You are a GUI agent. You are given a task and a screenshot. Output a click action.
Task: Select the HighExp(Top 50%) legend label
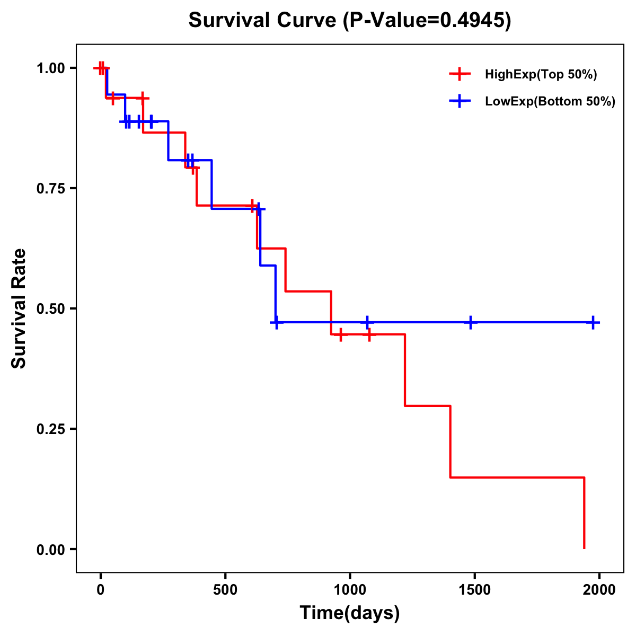[x=541, y=75]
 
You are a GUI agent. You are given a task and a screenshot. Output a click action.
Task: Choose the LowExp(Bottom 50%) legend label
[x=550, y=102]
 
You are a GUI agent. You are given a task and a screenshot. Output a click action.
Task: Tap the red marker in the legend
[x=460, y=74]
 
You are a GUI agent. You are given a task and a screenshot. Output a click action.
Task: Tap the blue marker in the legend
[x=460, y=101]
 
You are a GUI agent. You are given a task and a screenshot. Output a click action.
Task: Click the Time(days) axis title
[x=350, y=613]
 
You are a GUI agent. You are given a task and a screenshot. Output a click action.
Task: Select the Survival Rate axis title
[x=19, y=308]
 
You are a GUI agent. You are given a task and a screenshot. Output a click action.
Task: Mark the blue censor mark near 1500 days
[x=470, y=322]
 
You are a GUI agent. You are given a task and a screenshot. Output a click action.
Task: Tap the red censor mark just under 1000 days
[x=340, y=334]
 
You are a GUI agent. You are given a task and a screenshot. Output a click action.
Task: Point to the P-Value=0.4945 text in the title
[x=427, y=21]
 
